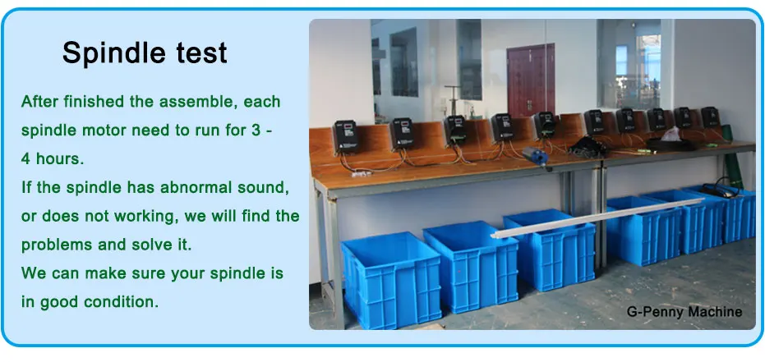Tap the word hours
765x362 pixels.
coord(58,158)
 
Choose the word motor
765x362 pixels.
coord(105,131)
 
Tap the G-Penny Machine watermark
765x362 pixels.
coord(684,312)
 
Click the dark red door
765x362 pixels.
coord(531,80)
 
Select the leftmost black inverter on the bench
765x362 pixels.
coord(346,137)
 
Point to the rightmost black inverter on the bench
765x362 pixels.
coord(710,117)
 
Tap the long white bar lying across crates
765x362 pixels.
coord(597,218)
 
